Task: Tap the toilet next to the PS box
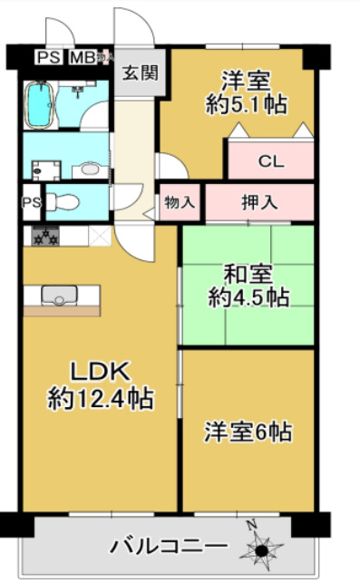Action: (63, 201)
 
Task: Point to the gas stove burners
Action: (44, 237)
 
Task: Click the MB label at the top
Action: (83, 58)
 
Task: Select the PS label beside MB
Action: (48, 58)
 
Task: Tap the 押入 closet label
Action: (259, 202)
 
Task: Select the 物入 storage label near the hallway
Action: (180, 203)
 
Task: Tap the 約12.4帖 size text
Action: (100, 397)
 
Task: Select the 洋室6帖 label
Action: (247, 432)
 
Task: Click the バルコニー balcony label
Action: (170, 546)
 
